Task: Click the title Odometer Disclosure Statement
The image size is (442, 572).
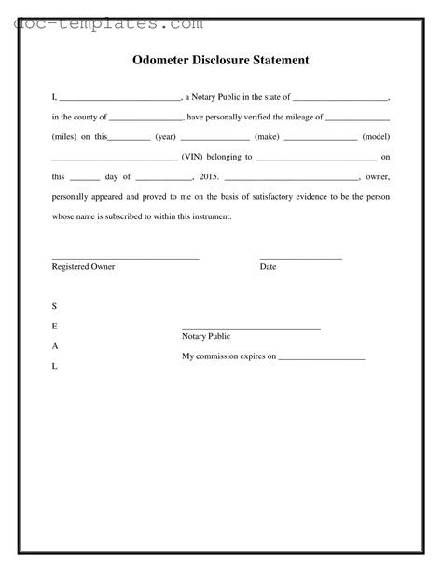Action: (x=221, y=61)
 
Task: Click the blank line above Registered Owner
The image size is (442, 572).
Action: (x=125, y=258)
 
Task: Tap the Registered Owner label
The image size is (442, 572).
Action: (x=83, y=267)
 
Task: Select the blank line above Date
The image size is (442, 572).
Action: (x=300, y=258)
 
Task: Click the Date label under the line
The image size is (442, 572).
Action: (x=268, y=267)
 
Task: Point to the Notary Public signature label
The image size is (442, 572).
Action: (x=206, y=336)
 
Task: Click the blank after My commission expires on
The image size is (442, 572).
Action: (x=322, y=358)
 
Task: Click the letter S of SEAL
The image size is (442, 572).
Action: (x=54, y=306)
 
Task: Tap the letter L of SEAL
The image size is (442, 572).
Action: (x=54, y=366)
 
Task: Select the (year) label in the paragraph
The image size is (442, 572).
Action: (x=166, y=136)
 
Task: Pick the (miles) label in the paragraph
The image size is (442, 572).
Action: (x=64, y=136)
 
